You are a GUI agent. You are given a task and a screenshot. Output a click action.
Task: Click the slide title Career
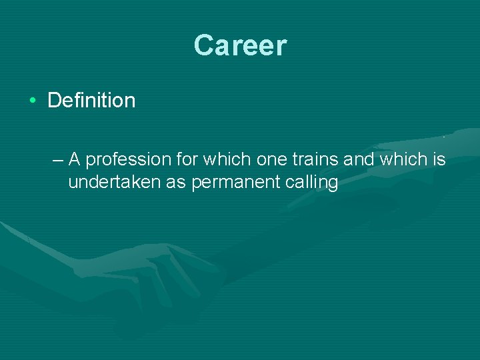(x=240, y=46)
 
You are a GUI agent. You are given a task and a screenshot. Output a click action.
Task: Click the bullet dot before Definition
(x=32, y=101)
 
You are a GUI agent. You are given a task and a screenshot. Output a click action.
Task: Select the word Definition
(x=91, y=101)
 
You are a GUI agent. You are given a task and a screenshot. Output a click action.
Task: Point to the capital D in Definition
(x=55, y=101)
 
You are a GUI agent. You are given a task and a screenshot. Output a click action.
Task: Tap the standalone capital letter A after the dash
(x=75, y=159)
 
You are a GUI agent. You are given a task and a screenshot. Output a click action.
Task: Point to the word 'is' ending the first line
(x=439, y=159)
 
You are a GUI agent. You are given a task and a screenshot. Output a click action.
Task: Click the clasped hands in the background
(x=167, y=267)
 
